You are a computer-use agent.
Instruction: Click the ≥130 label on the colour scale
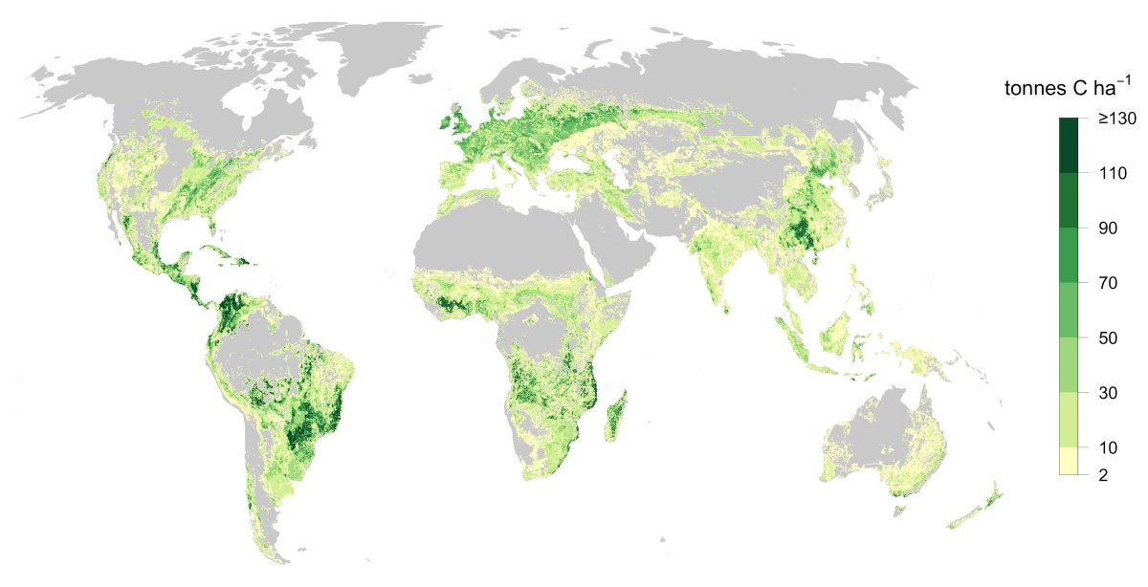1115,119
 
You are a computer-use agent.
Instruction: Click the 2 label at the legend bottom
1102,474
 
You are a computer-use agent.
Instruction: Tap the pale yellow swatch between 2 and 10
1070,461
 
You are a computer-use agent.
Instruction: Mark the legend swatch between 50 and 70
1070,310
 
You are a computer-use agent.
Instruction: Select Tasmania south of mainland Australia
898,511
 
